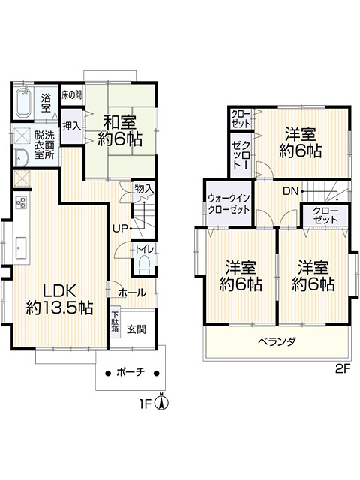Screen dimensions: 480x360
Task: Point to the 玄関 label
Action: click(x=136, y=328)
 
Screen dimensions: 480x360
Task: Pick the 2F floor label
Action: click(x=342, y=369)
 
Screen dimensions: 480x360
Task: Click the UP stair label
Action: click(x=119, y=228)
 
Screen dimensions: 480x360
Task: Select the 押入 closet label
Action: click(x=71, y=126)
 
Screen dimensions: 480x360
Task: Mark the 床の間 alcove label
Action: click(x=72, y=95)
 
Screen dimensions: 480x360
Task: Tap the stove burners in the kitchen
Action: click(x=21, y=202)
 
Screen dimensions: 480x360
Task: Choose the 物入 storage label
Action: click(x=143, y=188)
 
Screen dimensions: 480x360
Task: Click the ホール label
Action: click(x=130, y=292)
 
